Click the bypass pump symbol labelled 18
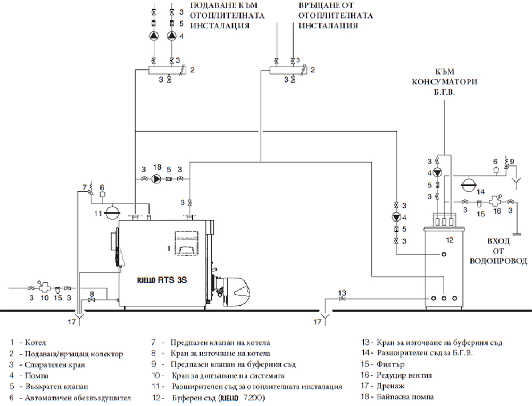[x=156, y=178]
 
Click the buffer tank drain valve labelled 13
[x=342, y=300]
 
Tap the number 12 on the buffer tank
[x=449, y=241]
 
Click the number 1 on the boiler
[x=169, y=248]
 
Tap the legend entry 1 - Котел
[x=32, y=342]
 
